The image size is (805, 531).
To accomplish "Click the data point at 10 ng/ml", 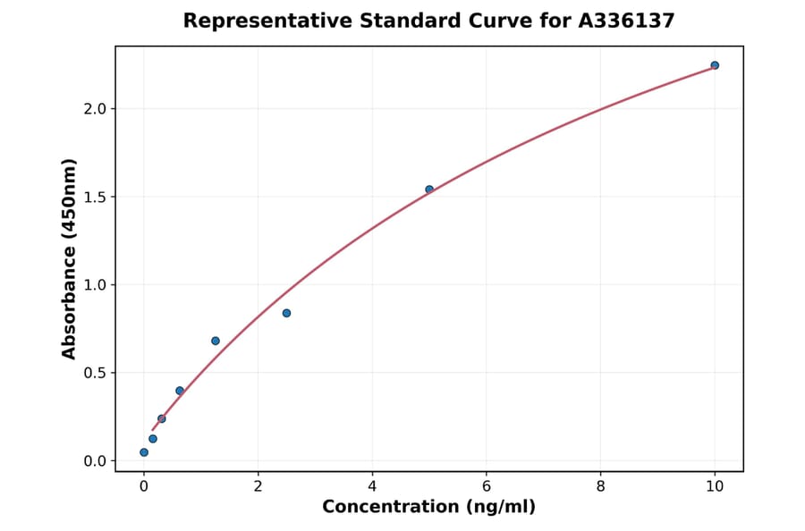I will [x=715, y=65].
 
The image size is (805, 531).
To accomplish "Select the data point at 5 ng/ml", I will [x=429, y=190].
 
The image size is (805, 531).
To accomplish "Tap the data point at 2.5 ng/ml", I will [x=286, y=313].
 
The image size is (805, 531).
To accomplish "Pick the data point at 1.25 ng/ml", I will [x=216, y=341].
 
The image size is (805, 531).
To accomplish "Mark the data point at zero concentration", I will [x=144, y=452].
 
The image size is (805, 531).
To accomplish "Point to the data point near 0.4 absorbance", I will [x=180, y=391].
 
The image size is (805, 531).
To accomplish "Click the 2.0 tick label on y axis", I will [x=94, y=109].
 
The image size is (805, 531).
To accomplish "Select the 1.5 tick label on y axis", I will [x=94, y=197].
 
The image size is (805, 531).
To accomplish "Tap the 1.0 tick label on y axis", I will [x=94, y=285].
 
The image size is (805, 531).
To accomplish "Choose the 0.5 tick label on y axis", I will [x=94, y=373].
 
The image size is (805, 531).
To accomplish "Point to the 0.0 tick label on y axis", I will [x=94, y=461].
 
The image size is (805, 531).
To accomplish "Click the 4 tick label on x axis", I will [x=372, y=486].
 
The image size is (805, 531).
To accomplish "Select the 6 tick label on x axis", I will [x=486, y=486].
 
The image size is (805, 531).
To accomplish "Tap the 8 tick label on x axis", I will [x=600, y=486].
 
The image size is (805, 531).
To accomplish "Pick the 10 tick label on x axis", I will [x=715, y=486].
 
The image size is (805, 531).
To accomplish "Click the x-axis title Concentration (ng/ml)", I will [x=428, y=508].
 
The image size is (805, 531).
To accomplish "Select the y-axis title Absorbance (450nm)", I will [x=70, y=259].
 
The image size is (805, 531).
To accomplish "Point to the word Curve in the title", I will [x=491, y=21].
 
